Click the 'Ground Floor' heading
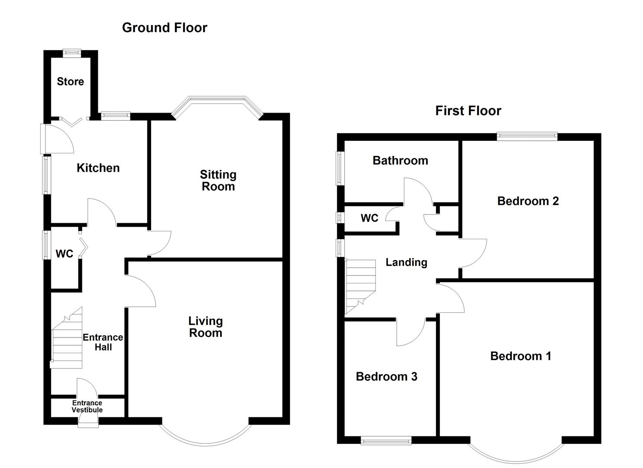[165, 28]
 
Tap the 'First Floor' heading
[468, 111]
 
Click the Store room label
[70, 81]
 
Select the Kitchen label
[98, 168]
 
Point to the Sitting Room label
[218, 180]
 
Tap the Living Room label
[206, 327]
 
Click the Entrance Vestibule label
[87, 406]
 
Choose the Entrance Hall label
[103, 342]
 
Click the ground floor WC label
[64, 253]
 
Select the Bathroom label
[400, 161]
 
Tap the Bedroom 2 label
[528, 201]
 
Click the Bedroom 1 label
[521, 356]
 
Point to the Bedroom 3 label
[386, 377]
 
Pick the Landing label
[406, 263]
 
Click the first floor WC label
[369, 218]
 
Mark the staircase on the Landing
[361, 286]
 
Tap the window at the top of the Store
[72, 52]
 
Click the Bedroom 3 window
[386, 440]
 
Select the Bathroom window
[340, 169]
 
